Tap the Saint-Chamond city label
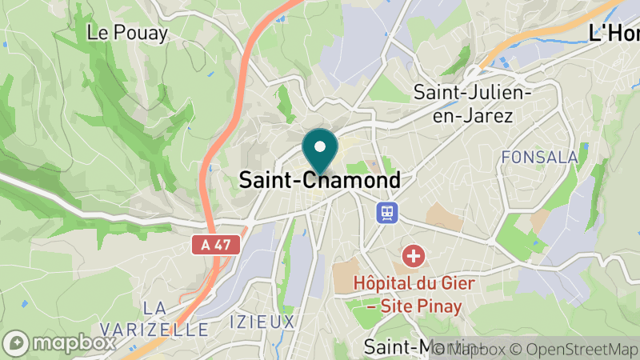(320, 181)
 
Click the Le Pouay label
(127, 33)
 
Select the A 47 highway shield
(216, 246)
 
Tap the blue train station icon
(387, 212)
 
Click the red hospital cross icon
(414, 257)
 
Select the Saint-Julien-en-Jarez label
(474, 103)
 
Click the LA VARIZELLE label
(155, 318)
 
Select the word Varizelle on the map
(155, 329)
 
